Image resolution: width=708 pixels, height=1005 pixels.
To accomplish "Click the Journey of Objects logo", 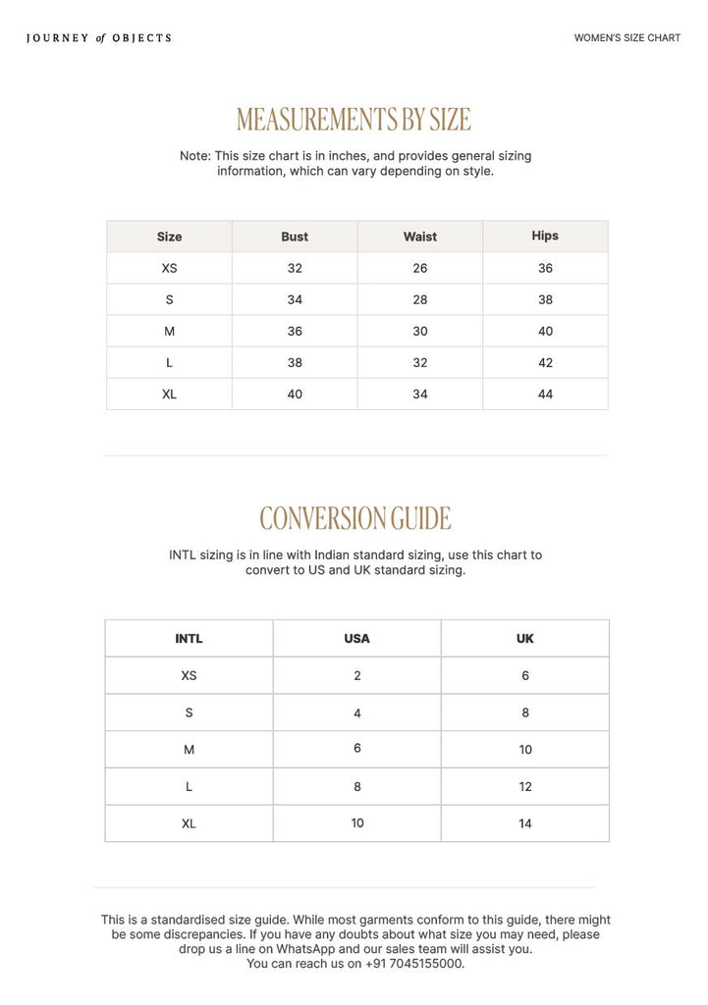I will pyautogui.click(x=98, y=38).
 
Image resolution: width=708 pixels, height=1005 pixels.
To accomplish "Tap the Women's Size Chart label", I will pyautogui.click(x=626, y=38).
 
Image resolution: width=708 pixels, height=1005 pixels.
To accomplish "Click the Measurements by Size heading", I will pyautogui.click(x=354, y=120).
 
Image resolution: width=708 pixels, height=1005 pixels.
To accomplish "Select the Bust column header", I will pyautogui.click(x=295, y=237).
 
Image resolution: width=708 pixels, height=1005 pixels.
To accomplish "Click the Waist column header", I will pyautogui.click(x=420, y=237).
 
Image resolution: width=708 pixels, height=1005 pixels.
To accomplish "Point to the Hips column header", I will pyautogui.click(x=545, y=236).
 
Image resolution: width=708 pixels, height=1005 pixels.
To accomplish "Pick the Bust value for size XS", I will pyautogui.click(x=295, y=268).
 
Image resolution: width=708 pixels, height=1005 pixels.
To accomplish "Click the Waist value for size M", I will pyautogui.click(x=420, y=331).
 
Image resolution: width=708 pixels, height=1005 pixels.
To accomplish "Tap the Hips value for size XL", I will pyautogui.click(x=545, y=394).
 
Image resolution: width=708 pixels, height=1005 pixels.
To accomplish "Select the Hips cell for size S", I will pyautogui.click(x=545, y=299).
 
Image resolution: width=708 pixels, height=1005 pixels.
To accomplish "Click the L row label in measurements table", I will pyautogui.click(x=169, y=362).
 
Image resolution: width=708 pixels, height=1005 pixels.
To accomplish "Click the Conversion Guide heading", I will pyautogui.click(x=355, y=518).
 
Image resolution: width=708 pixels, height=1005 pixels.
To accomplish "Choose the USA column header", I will pyautogui.click(x=357, y=638).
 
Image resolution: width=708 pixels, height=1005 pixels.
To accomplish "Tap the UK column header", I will pyautogui.click(x=525, y=638).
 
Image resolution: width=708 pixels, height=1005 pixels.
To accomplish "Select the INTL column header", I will pyautogui.click(x=189, y=638).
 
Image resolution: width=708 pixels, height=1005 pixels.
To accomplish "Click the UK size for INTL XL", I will pyautogui.click(x=525, y=823).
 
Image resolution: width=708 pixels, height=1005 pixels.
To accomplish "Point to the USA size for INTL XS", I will pyautogui.click(x=357, y=675).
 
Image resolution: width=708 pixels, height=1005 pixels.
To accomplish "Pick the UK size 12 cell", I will pyautogui.click(x=525, y=786).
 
